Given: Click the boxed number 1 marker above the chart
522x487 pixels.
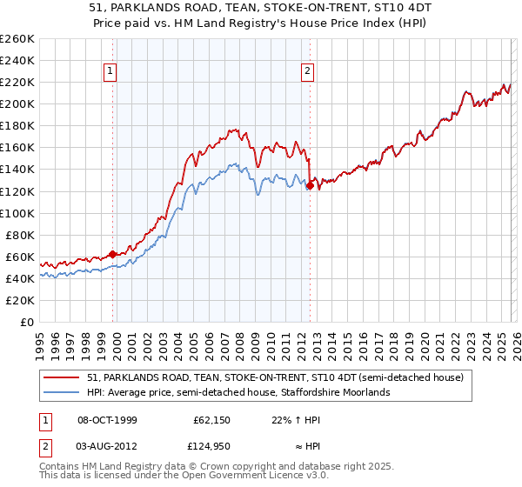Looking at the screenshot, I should coord(112,72).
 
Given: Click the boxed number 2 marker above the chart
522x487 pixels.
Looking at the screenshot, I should coord(309,72).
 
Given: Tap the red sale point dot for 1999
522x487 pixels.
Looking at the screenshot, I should coord(113,254).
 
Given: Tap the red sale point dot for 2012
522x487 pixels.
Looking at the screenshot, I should coord(310,184).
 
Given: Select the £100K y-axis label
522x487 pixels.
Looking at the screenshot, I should coord(17,213).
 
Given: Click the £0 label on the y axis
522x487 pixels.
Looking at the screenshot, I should coord(28,322).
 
